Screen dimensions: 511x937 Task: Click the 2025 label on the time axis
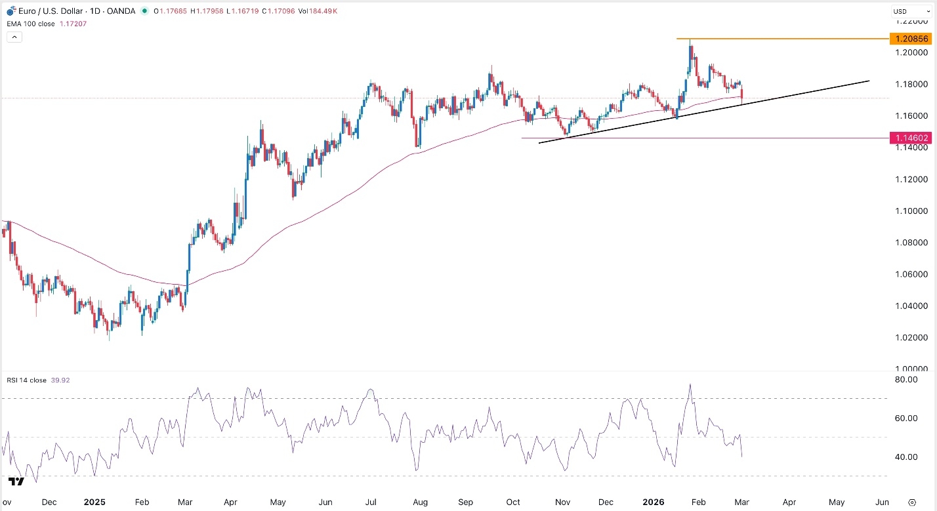click(x=95, y=502)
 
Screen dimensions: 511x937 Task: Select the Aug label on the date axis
click(x=421, y=502)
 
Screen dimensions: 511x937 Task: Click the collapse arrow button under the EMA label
click(x=14, y=37)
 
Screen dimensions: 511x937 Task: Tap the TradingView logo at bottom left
click(x=16, y=481)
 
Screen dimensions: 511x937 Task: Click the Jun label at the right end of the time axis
click(x=882, y=502)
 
